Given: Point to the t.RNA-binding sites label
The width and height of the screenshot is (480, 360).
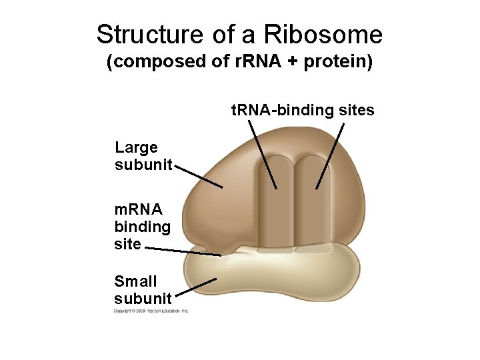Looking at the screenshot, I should pos(303,110).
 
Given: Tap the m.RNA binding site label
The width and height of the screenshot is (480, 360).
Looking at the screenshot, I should pos(142,227).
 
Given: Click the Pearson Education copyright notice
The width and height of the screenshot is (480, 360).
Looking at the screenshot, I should pos(151,311).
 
